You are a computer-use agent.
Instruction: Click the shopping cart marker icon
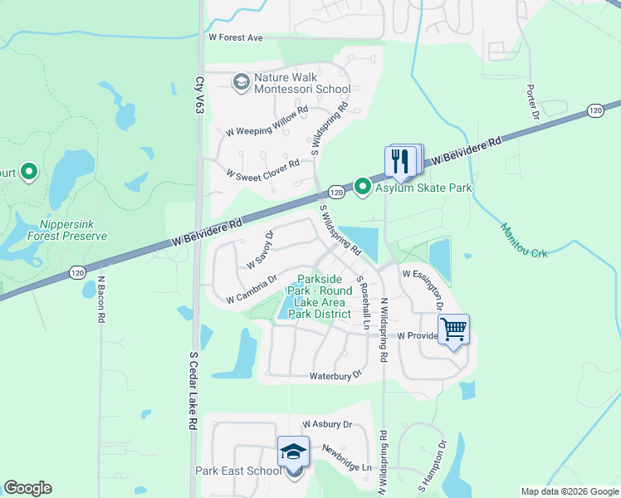(x=454, y=330)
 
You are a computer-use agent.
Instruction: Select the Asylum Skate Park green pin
(x=363, y=187)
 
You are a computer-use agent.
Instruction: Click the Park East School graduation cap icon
(x=293, y=452)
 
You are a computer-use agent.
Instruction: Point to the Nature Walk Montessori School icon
(x=241, y=81)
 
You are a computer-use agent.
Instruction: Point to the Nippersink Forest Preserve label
(x=73, y=230)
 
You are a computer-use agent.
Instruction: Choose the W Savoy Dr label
(x=260, y=251)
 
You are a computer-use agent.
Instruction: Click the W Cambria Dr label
(x=252, y=291)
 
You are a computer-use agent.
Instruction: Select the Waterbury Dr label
(x=336, y=375)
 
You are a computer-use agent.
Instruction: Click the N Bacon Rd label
(x=100, y=300)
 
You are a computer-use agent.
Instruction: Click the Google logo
(x=28, y=488)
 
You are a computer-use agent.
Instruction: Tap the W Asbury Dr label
(x=327, y=424)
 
